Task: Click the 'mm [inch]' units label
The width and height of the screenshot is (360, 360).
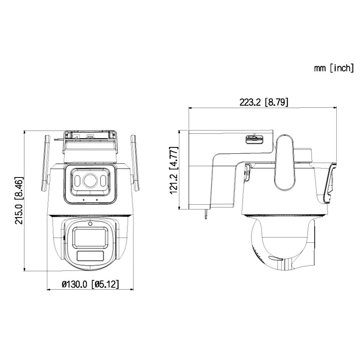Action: click(x=334, y=68)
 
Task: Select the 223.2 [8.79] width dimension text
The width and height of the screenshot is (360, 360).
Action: click(x=264, y=102)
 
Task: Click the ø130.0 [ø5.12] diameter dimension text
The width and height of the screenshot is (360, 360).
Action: click(x=90, y=284)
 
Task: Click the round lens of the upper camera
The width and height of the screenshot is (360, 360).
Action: click(x=90, y=180)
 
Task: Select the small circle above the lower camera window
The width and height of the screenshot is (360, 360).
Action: click(x=90, y=224)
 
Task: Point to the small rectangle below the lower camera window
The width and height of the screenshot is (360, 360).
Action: click(x=90, y=256)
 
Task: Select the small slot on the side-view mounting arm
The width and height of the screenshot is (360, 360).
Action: click(x=253, y=139)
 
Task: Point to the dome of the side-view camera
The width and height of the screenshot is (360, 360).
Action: click(x=278, y=246)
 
